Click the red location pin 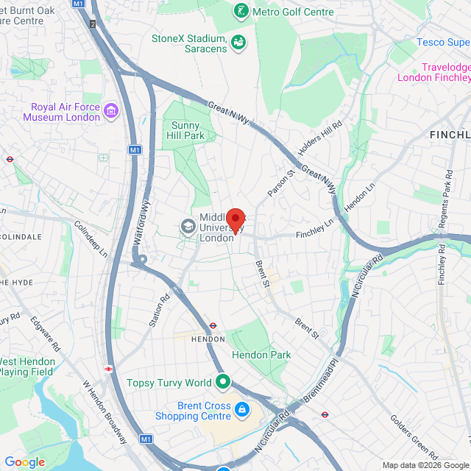(235, 220)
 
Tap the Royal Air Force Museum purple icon (111, 111)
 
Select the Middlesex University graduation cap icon (188, 227)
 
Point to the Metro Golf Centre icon (241, 11)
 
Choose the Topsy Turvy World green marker (223, 382)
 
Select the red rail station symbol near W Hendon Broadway (108, 369)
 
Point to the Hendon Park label (261, 355)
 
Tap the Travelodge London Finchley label (434, 71)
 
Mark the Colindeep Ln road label (91, 239)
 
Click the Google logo (24, 462)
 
